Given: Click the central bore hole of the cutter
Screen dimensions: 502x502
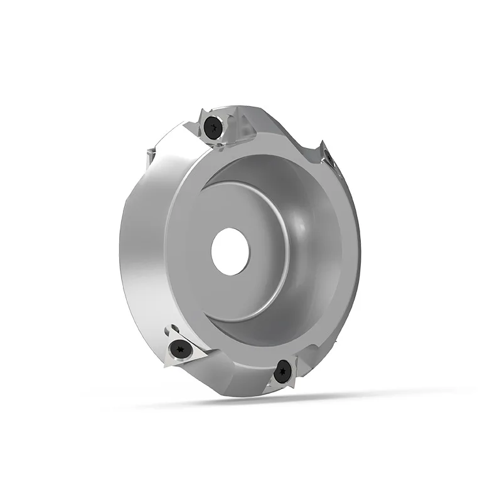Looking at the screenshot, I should pos(230,252).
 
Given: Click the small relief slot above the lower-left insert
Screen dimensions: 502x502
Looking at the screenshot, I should pos(172,327).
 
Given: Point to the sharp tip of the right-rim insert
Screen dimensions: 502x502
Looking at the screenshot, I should pos(321,144).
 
